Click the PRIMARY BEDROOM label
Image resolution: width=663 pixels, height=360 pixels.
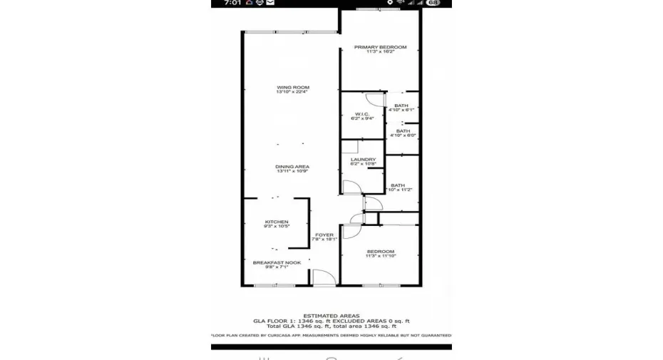(380, 47)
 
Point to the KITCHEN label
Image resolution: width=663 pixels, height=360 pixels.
(276, 222)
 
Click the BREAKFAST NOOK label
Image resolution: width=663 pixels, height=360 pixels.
(277, 262)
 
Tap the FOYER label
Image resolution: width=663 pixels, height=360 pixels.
(324, 235)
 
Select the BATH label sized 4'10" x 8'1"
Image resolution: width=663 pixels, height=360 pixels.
(402, 106)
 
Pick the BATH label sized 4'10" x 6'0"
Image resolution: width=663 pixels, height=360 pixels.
(403, 130)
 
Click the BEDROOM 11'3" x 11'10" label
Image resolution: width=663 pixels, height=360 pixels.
(381, 251)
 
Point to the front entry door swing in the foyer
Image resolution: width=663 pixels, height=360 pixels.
(322, 277)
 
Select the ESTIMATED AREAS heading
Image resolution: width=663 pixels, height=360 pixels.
(331, 315)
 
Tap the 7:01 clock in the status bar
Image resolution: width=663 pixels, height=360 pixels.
(232, 4)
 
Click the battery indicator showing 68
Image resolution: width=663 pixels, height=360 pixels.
(433, 4)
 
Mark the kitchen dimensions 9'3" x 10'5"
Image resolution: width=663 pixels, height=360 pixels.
(276, 227)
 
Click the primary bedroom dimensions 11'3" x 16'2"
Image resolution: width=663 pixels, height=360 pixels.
(380, 52)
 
